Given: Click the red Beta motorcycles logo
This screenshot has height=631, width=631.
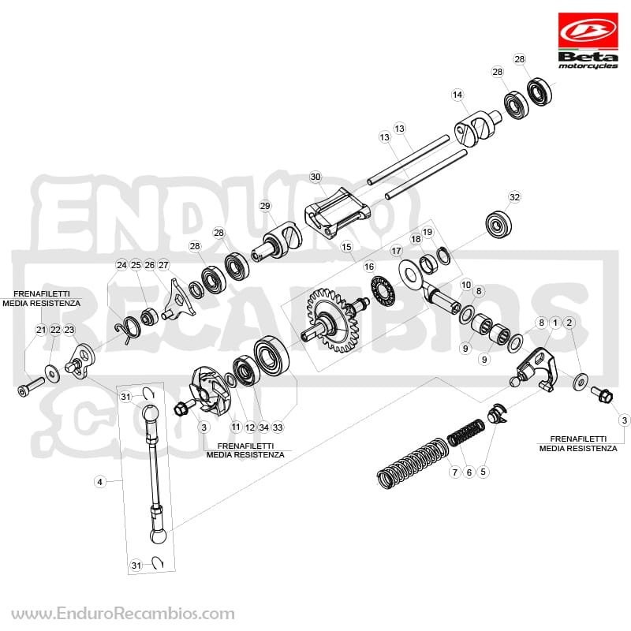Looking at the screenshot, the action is [x=588, y=41].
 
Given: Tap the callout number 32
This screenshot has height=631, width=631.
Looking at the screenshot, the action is [x=514, y=197].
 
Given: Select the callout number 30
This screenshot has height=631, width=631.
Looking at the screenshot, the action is [x=315, y=177].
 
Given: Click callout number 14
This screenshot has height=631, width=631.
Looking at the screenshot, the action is [x=457, y=95].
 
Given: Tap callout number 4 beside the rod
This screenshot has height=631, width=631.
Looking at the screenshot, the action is [x=100, y=481].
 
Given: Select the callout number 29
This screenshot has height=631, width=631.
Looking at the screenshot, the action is [x=265, y=206].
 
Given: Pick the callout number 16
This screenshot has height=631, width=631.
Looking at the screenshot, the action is [x=368, y=267].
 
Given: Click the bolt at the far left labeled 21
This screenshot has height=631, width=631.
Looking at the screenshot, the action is [x=31, y=386].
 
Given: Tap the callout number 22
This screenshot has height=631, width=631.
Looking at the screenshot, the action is [x=55, y=330].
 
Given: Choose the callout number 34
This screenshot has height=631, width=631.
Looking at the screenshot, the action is [x=263, y=427].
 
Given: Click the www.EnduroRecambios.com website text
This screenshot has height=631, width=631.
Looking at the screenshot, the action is [x=123, y=614].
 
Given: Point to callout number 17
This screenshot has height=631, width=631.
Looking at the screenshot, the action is [x=397, y=251].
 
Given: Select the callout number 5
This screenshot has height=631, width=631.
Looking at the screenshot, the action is [x=483, y=471].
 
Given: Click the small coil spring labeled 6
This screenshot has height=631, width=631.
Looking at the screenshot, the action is [x=465, y=432].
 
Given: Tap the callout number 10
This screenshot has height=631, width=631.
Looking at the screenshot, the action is [x=466, y=285].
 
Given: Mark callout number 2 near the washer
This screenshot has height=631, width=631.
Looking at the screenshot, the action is [x=569, y=323].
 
